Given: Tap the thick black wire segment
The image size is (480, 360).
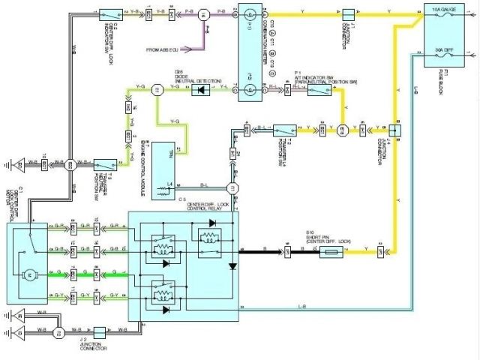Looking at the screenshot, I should pos(259,253).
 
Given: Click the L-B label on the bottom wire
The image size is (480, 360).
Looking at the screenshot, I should pos(300,307).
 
